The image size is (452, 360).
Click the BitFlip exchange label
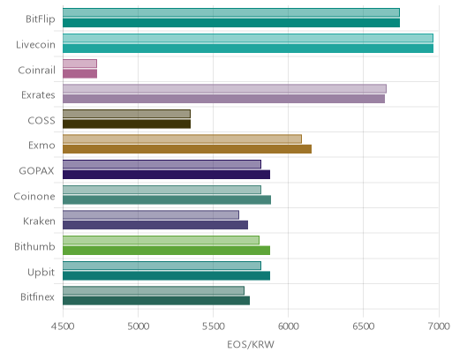coord(41,19)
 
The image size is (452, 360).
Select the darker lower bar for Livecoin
coord(248,49)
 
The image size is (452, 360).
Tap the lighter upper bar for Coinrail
coord(79,64)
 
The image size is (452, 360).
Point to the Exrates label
coord(38,95)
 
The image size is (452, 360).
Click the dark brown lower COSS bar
coord(126,124)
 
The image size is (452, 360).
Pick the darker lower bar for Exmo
coord(187,149)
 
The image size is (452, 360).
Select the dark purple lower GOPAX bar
coord(166,175)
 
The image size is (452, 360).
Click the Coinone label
coord(34,196)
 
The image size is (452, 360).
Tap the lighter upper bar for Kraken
coord(151,215)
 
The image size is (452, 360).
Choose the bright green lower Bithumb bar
coord(166,251)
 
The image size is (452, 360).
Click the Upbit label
coord(41,273)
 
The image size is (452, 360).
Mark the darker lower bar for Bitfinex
coord(156,301)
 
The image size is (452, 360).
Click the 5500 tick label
coord(213,326)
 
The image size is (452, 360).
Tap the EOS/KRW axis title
coord(251,344)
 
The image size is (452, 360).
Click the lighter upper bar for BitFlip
coord(231,12)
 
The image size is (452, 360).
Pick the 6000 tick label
coord(288,326)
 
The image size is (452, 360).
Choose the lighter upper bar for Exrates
coord(224,88)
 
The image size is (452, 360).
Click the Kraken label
coord(39,221)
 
